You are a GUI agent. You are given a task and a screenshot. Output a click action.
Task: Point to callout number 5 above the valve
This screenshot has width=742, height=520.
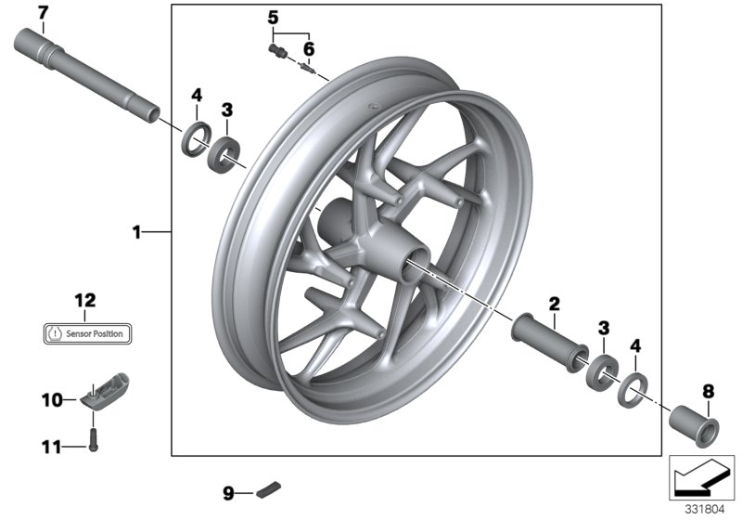click(x=273, y=17)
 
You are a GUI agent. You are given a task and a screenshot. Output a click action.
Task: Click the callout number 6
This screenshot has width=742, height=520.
click(x=309, y=47)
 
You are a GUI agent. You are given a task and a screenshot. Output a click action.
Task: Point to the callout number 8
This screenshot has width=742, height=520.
click(x=709, y=392)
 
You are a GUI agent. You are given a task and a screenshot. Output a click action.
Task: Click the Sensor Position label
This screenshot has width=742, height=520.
click(x=89, y=331)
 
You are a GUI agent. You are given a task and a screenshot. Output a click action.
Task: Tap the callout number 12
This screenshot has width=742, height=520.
click(x=85, y=300)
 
